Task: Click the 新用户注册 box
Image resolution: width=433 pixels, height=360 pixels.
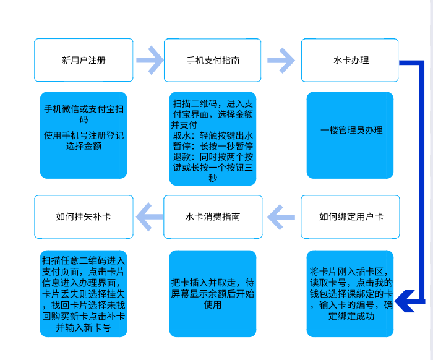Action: coord(84,60)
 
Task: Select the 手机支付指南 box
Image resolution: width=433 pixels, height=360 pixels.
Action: coord(213,60)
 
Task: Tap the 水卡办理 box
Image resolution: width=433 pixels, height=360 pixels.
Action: coord(350,60)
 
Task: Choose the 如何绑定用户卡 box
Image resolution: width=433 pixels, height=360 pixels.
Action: coord(350,216)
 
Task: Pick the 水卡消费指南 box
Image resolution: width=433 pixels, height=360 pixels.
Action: coord(213,216)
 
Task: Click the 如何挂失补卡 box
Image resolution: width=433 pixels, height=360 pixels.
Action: coord(84,216)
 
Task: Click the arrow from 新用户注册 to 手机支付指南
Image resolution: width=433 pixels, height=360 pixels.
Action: coord(149,60)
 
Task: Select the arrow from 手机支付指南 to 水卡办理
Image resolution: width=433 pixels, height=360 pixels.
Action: coord(281,60)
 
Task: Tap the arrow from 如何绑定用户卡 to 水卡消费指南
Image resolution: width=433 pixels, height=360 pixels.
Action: coord(281,216)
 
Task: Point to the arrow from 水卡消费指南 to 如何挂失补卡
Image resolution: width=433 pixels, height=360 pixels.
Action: coord(148,216)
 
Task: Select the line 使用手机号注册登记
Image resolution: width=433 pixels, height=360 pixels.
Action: coord(84,135)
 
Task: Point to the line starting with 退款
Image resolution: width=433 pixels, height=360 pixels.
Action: coord(213,157)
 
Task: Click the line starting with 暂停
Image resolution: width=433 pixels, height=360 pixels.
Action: coord(213,147)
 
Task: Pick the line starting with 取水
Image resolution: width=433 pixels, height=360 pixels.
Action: coord(213,135)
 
